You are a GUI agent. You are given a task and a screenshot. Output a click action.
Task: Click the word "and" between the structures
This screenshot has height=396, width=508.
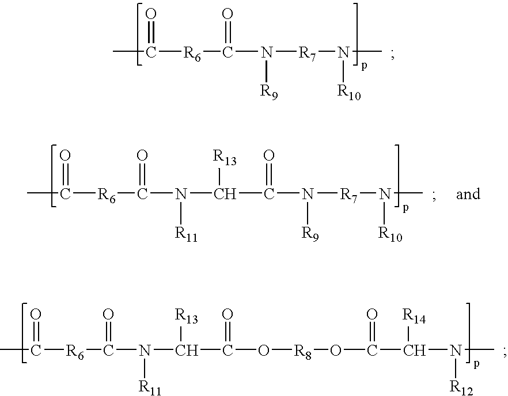point(468,195)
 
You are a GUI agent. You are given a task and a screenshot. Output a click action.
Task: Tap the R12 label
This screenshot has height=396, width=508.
point(461,387)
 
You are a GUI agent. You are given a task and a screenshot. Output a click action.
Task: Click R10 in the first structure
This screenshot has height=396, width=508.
point(349,93)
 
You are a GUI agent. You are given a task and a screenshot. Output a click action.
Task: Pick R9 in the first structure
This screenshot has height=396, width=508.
point(269,93)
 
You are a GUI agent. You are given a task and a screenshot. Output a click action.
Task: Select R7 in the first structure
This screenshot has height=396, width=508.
point(306,54)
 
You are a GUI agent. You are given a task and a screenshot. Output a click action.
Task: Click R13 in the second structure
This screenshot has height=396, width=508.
point(225,158)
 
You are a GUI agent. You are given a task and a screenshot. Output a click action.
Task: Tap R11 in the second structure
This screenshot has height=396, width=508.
point(186,234)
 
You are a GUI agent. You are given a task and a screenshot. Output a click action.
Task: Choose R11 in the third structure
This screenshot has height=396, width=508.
point(150,387)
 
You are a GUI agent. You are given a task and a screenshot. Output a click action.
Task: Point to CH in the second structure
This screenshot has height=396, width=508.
point(225,195)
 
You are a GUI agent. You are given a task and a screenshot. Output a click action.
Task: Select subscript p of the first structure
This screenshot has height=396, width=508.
point(364,66)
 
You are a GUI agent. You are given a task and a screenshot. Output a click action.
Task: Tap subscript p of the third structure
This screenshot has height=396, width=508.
point(476,364)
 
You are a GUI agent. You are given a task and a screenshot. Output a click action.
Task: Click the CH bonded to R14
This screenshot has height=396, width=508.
point(414,351)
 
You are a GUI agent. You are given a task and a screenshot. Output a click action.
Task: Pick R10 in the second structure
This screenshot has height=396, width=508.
point(390,234)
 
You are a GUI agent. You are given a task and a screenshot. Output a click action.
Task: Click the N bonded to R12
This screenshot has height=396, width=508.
point(456,351)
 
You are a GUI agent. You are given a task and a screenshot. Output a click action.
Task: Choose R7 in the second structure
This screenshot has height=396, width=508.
point(348,196)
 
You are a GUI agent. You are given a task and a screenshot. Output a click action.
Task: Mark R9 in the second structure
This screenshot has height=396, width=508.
point(310,234)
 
